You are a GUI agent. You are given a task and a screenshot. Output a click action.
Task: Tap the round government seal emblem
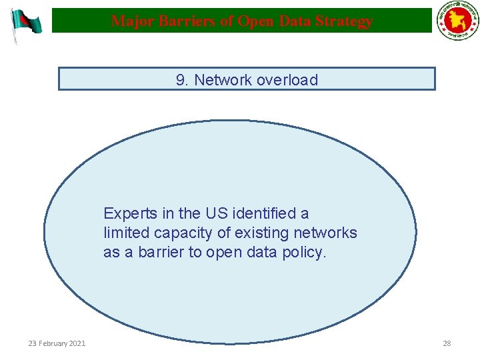pyautogui.click(x=457, y=22)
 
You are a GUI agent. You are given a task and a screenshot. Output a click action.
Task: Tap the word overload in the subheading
pyautogui.click(x=287, y=80)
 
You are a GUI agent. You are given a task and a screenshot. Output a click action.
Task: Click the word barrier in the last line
pyautogui.click(x=161, y=253)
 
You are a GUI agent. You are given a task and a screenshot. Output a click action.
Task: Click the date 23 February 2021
pyautogui.click(x=57, y=343)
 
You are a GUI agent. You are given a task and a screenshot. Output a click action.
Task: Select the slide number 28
pyautogui.click(x=447, y=343)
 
